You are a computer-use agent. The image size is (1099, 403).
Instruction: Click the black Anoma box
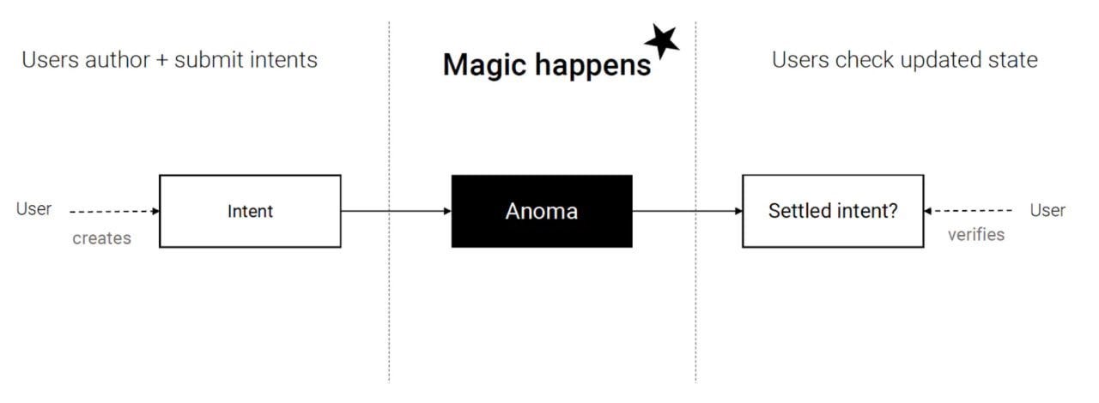542,211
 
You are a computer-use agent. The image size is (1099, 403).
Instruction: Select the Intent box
250,211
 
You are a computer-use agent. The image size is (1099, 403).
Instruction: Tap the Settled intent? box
833,211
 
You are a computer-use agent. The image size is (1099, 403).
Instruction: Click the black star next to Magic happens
662,40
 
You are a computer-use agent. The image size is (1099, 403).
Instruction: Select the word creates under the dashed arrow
101,238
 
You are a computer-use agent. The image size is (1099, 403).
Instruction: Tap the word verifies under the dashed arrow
976,235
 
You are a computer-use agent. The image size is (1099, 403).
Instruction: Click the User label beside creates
34,209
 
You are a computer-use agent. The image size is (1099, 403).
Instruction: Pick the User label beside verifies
1047,210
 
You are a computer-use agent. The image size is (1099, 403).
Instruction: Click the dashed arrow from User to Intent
114,211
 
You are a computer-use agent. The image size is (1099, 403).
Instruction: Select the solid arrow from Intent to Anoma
396,211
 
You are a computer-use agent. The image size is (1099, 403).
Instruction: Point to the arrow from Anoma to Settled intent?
687,211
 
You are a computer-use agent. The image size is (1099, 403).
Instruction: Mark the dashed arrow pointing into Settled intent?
968,211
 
